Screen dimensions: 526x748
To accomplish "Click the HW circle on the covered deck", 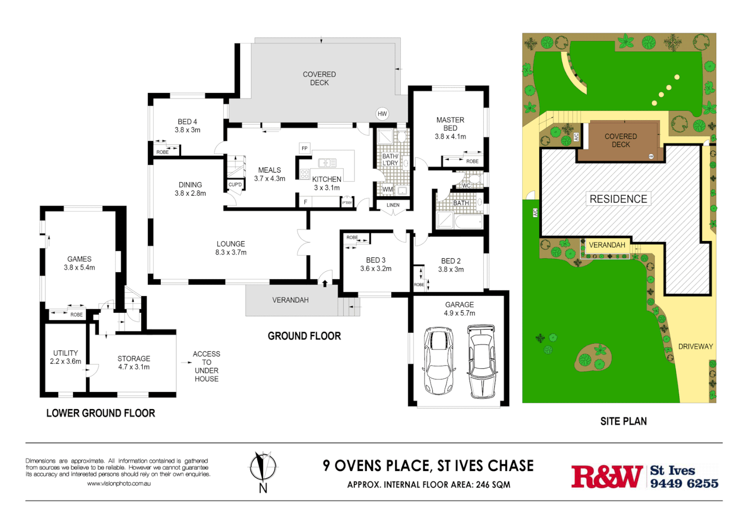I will tap(382, 114).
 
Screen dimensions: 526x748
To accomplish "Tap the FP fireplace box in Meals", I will tap(305, 148).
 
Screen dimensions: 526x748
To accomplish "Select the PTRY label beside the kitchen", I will tap(347, 203).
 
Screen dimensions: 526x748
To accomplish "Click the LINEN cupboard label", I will tap(393, 205).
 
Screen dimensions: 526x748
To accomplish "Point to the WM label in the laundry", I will tap(387, 189).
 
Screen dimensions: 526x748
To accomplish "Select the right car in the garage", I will tap(481, 361).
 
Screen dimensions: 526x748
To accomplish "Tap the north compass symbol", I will tap(263, 468).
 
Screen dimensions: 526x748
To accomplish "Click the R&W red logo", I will tap(607, 476).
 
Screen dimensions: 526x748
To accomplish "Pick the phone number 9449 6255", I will tap(684, 483).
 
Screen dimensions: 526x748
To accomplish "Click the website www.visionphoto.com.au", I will tap(119, 484).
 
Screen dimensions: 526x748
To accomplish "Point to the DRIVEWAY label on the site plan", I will tap(695, 347).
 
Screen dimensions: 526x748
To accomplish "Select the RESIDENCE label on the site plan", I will tap(618, 199).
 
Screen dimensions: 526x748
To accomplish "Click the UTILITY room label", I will tap(65, 353).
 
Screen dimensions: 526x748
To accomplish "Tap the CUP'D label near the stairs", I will tap(235, 185).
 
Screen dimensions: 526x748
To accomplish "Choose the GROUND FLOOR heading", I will tap(304, 336).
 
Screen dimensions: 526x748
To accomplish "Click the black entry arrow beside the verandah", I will tap(325, 282).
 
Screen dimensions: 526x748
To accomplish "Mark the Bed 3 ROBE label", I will tap(352, 238).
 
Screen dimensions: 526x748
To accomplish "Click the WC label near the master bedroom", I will tap(466, 186).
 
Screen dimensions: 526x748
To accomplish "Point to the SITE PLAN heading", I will tap(623, 421).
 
